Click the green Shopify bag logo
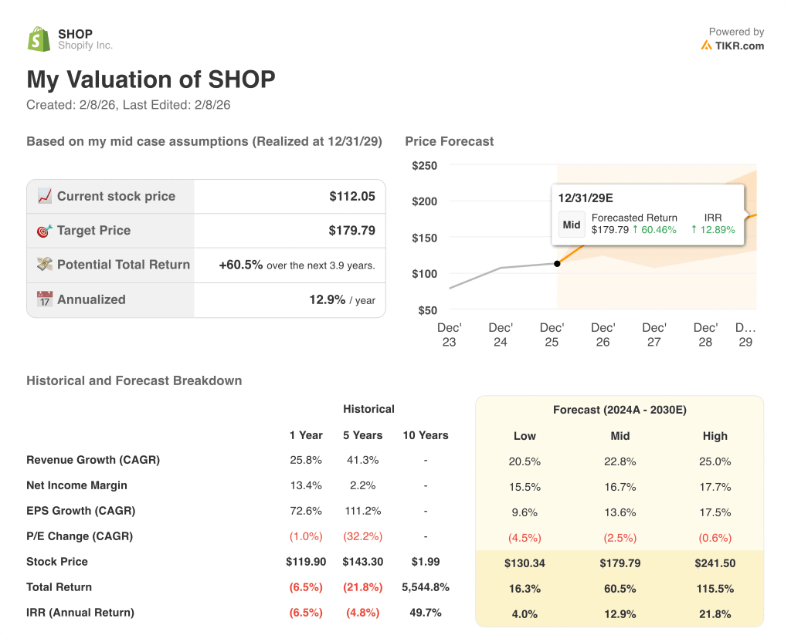pyautogui.click(x=39, y=39)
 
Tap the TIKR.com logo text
pyautogui.click(x=738, y=46)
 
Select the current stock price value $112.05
pyautogui.click(x=351, y=196)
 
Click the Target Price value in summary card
pyautogui.click(x=351, y=230)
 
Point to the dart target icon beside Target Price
pyautogui.click(x=45, y=230)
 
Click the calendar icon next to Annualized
pyautogui.click(x=45, y=299)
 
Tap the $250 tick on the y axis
pyautogui.click(x=424, y=165)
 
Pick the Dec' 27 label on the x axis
pyautogui.click(x=654, y=334)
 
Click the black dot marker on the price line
pyautogui.click(x=557, y=263)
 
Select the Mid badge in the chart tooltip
pyautogui.click(x=572, y=225)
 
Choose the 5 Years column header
pyautogui.click(x=362, y=435)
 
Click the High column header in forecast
pyautogui.click(x=715, y=436)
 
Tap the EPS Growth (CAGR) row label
pyautogui.click(x=80, y=511)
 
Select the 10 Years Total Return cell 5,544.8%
pyautogui.click(x=426, y=587)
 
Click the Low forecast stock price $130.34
pyautogui.click(x=525, y=563)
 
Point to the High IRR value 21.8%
pyautogui.click(x=715, y=613)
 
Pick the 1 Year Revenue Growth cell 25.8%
pyautogui.click(x=306, y=460)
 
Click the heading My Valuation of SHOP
pyautogui.click(x=151, y=79)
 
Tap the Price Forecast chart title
pyautogui.click(x=449, y=141)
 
